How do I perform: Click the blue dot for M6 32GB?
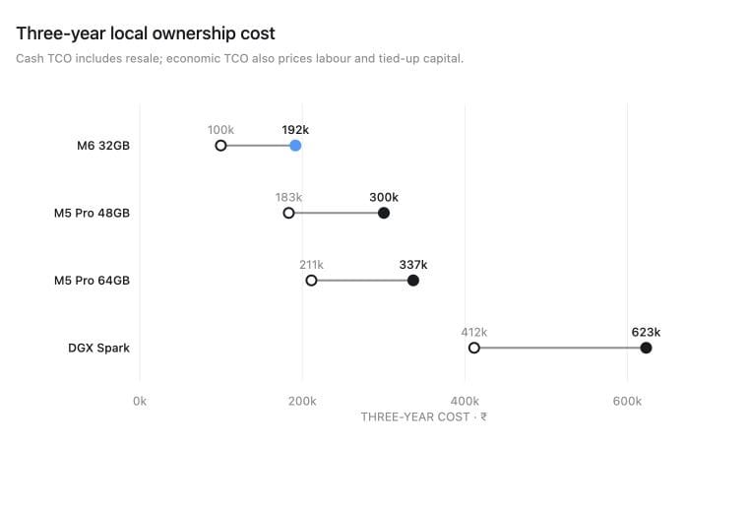pyautogui.click(x=295, y=146)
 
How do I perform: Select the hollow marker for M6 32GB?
pyautogui.click(x=220, y=146)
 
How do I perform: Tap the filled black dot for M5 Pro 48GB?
pyautogui.click(x=384, y=213)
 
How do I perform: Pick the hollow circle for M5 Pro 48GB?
pyautogui.click(x=288, y=213)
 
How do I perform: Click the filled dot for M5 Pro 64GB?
pyautogui.click(x=413, y=280)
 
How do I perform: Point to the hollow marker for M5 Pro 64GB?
pyautogui.click(x=311, y=280)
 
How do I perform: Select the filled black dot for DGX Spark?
pyautogui.click(x=646, y=348)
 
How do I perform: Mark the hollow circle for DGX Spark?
pyautogui.click(x=473, y=348)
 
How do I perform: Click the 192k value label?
pyautogui.click(x=295, y=130)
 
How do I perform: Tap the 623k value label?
pyautogui.click(x=646, y=332)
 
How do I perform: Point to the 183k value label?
pyautogui.click(x=288, y=197)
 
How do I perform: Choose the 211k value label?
pyautogui.click(x=311, y=264)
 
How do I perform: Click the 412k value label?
pyautogui.click(x=473, y=332)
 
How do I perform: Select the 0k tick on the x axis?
pyautogui.click(x=140, y=402)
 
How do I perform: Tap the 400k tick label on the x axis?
pyautogui.click(x=465, y=402)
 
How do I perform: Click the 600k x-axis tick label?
pyautogui.click(x=627, y=402)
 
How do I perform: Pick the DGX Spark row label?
pyautogui.click(x=98, y=348)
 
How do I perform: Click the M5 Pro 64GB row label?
pyautogui.click(x=92, y=280)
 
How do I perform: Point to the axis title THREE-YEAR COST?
pyautogui.click(x=415, y=417)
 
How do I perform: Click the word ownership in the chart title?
pyautogui.click(x=194, y=33)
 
